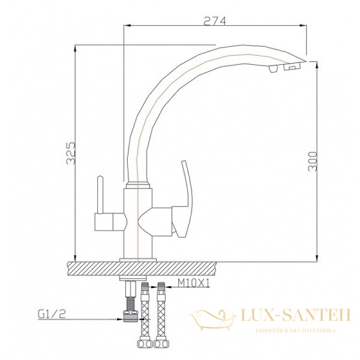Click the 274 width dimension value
coord(214,20)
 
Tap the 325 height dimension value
coord(71,154)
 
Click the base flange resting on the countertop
coord(138,259)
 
